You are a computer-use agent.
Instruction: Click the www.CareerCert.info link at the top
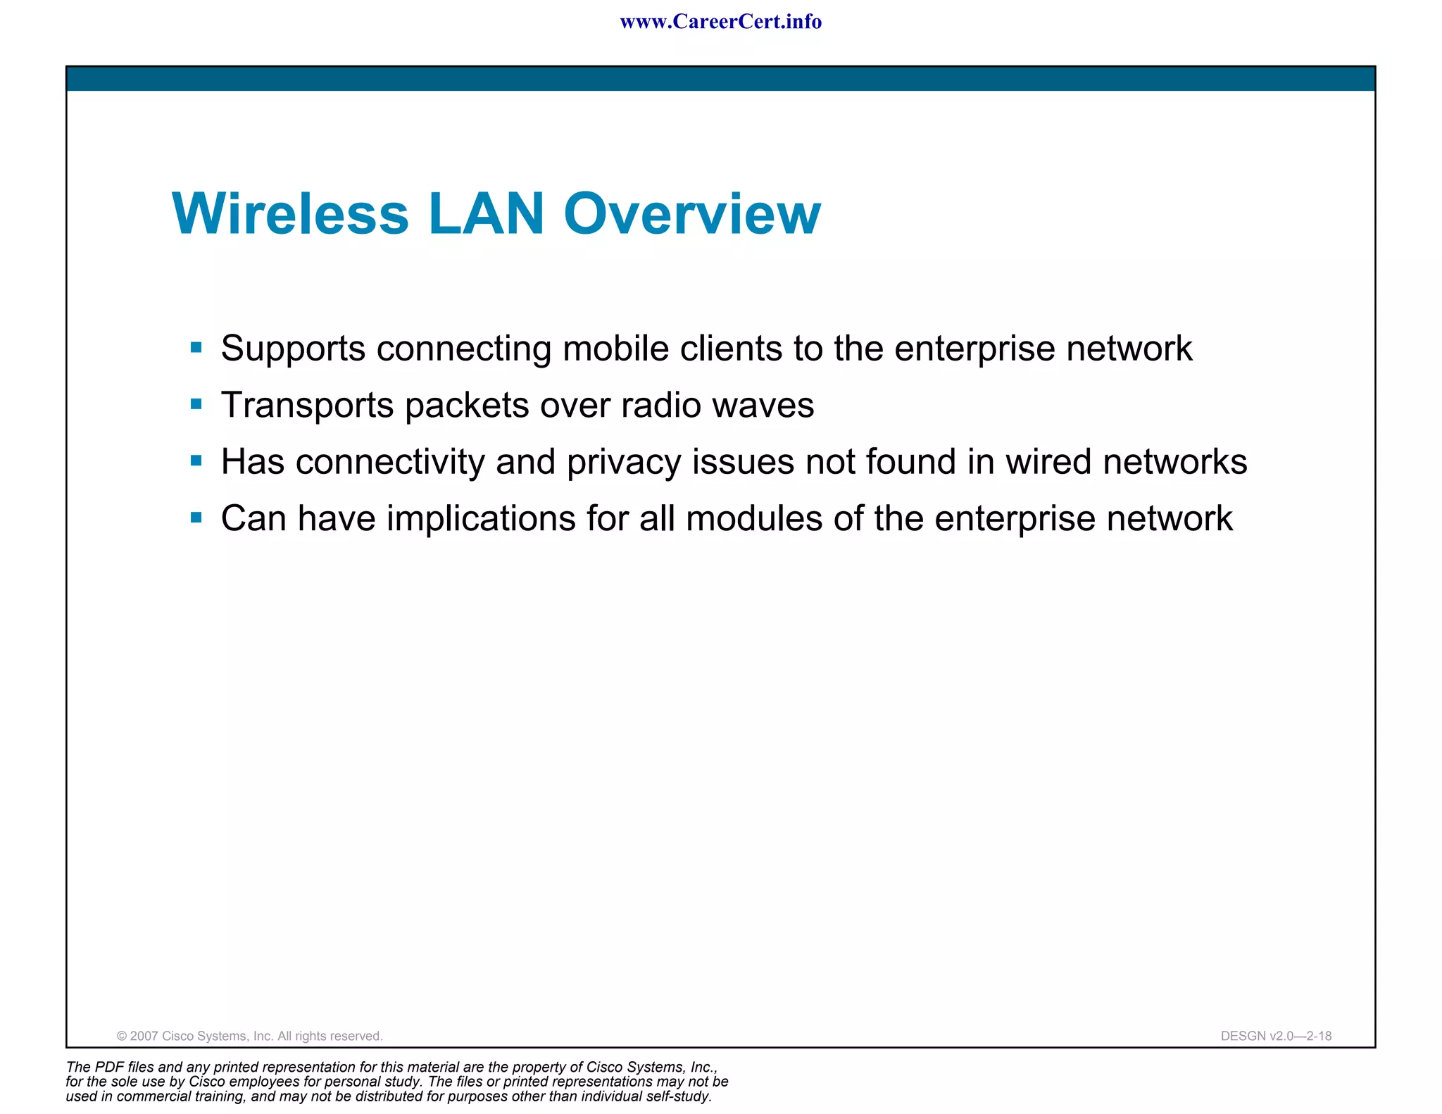[x=720, y=22]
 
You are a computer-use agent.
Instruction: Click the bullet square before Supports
[x=196, y=347]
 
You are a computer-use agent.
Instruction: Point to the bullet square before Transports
[x=196, y=404]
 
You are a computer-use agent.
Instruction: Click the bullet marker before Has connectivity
[x=196, y=461]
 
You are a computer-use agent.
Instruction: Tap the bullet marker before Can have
[x=196, y=518]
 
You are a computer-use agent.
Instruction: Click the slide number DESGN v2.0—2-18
[x=1276, y=1036]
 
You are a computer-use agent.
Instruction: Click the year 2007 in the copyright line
[x=144, y=1036]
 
